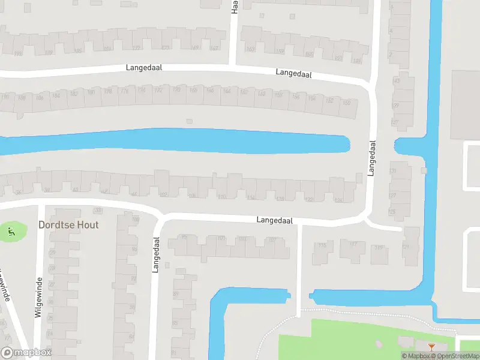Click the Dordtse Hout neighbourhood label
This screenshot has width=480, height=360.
pyautogui.click(x=68, y=225)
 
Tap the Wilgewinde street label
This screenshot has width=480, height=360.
pyautogui.click(x=39, y=298)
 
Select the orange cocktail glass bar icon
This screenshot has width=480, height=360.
pyautogui.click(x=432, y=347)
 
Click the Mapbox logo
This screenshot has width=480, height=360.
pyautogui.click(x=26, y=353)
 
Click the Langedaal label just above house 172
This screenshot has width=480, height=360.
pyautogui.click(x=144, y=68)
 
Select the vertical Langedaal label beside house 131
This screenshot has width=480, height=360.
pyautogui.click(x=372, y=158)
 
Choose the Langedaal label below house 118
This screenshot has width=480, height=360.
pyautogui.click(x=274, y=220)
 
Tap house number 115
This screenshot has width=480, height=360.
pyautogui.click(x=323, y=245)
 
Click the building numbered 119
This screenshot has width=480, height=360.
pyautogui.click(x=378, y=247)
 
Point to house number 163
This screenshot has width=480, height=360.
pyautogui.click(x=250, y=49)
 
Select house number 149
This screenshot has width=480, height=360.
pyautogui.click(x=358, y=61)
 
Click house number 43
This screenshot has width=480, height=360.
pyautogui.click(x=395, y=80)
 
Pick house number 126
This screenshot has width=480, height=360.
pyautogui.click(x=338, y=200)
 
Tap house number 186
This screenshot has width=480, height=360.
pyautogui.click(x=40, y=97)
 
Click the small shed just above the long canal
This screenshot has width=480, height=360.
pyautogui.click(x=189, y=121)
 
